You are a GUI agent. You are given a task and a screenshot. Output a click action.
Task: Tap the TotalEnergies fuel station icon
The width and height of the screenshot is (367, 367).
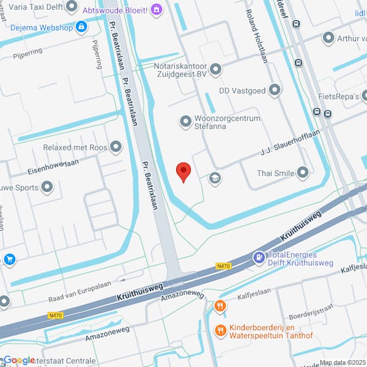click(x=259, y=258)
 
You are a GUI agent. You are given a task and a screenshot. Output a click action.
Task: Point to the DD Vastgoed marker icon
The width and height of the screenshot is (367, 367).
click(x=275, y=91)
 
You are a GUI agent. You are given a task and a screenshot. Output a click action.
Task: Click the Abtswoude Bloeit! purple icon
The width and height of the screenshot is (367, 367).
click(x=157, y=9)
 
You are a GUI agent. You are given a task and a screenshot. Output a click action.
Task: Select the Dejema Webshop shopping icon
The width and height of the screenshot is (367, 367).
click(x=81, y=28)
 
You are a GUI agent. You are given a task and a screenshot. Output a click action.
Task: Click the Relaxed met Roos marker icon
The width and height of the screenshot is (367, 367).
click(x=115, y=147)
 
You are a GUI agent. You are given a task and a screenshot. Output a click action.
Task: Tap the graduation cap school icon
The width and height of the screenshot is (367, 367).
click(x=215, y=178)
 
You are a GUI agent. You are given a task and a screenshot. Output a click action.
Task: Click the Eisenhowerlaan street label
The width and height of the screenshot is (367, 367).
click(x=54, y=166)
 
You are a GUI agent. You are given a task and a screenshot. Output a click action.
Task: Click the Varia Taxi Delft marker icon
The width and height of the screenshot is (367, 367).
click(x=72, y=7)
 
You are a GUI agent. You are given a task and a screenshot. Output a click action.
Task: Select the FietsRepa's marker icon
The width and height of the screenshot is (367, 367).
click(x=363, y=96)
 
